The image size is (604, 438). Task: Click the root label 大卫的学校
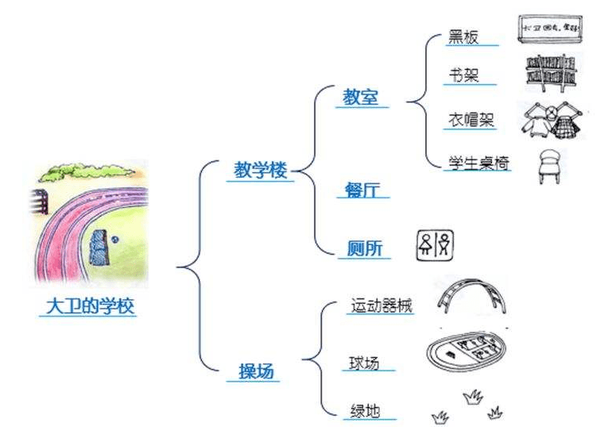coord(87,306)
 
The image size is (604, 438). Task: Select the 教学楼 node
coord(260,171)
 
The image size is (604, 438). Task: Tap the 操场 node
coord(258,370)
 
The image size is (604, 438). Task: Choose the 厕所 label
coord(365,248)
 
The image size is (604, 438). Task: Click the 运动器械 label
coord(381,305)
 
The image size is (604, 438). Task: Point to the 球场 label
coord(364,363)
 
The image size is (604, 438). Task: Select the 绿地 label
coord(364,411)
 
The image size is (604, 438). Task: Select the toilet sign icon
coord(436,244)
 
